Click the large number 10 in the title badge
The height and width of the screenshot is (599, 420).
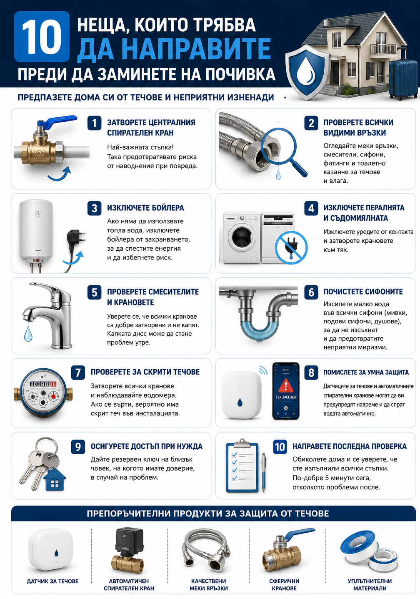(x=42, y=37)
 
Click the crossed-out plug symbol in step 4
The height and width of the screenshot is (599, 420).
(x=291, y=248)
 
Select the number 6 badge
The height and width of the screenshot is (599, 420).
(x=311, y=292)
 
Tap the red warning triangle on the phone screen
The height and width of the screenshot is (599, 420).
(x=286, y=385)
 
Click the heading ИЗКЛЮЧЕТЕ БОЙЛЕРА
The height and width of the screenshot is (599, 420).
(x=145, y=208)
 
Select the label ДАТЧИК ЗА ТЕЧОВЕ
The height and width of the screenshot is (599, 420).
(x=52, y=581)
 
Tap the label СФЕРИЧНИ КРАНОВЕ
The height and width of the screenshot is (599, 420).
(x=284, y=584)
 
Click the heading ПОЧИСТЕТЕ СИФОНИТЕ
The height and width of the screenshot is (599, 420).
(x=363, y=292)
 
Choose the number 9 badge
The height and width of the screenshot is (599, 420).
(x=78, y=447)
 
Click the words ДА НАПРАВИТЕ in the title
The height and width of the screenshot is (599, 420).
(x=174, y=49)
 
